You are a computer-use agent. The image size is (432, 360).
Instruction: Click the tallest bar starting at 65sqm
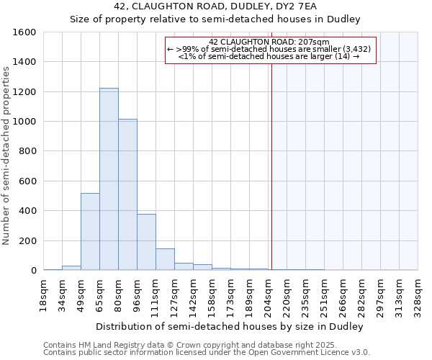[109, 179]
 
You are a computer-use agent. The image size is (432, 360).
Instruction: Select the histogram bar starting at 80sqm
[127, 194]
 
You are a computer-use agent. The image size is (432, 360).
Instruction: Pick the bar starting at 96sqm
[146, 242]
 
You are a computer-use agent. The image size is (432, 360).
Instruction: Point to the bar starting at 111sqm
[165, 259]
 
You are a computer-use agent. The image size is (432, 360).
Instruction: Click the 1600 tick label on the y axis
[24, 32]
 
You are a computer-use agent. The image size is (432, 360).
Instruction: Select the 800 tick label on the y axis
[27, 151]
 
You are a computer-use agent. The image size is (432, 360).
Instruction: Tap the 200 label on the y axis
[27, 240]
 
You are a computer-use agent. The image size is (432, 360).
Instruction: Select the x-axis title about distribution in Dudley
[230, 326]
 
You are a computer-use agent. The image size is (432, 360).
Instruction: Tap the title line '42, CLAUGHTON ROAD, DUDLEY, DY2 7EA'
[215, 6]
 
